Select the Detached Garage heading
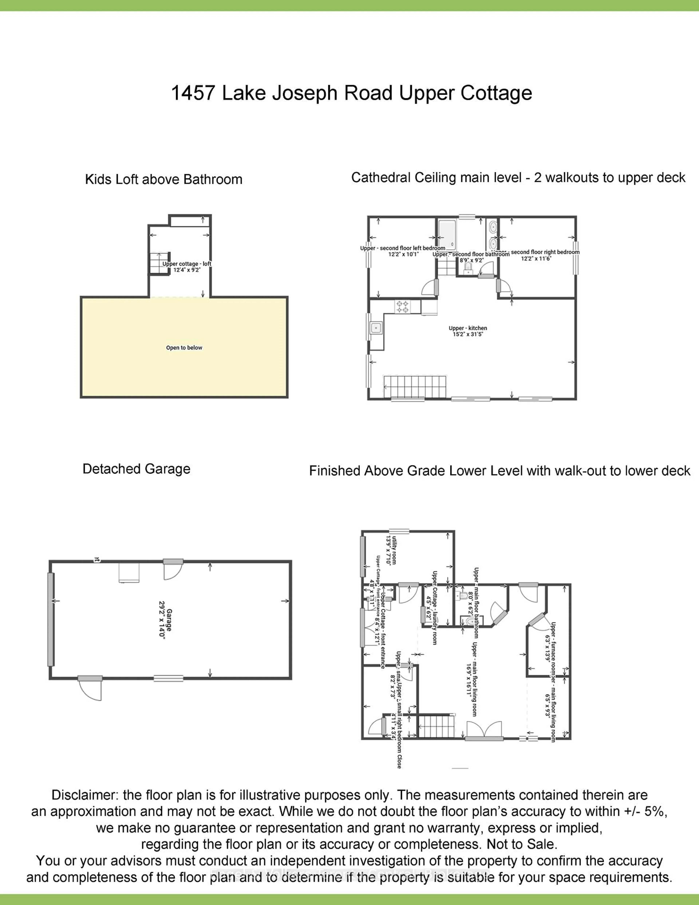[x=136, y=469]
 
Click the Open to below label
[x=184, y=348]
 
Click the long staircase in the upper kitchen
[x=415, y=387]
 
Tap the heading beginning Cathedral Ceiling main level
[x=518, y=178]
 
